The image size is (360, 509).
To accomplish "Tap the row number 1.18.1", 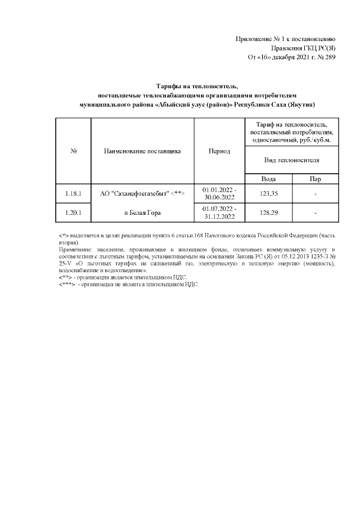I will (x=74, y=193).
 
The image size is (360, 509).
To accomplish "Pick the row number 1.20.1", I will (x=74, y=213).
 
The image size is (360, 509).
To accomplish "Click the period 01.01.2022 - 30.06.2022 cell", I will (x=219, y=193).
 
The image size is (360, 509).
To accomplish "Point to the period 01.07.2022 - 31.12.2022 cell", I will (x=219, y=213).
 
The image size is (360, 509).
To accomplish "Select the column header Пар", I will (x=316, y=179).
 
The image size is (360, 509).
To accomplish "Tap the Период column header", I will (x=219, y=151).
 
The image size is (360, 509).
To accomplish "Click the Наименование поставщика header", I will (x=142, y=151).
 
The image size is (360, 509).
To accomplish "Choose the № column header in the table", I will (x=74, y=151).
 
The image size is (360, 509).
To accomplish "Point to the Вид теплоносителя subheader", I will (x=292, y=160).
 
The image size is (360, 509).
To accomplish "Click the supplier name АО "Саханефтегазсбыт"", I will (x=142, y=193).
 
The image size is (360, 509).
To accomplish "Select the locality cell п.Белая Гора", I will (x=142, y=213).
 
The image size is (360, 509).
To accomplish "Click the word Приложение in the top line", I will (x=254, y=38).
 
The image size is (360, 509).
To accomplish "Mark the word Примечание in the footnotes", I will (x=76, y=248).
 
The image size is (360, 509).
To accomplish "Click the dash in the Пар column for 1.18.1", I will (x=316, y=193).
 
